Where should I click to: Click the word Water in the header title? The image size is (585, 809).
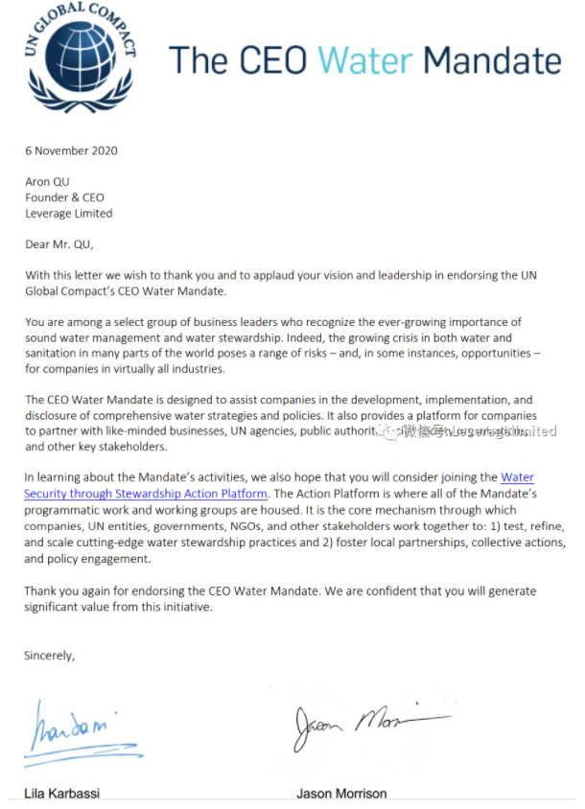tap(365, 60)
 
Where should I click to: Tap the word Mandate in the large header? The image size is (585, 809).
tap(492, 60)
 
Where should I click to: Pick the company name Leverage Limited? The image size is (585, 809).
tap(69, 213)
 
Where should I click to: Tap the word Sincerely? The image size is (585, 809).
tap(49, 656)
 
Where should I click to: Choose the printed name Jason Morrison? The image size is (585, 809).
tap(342, 794)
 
